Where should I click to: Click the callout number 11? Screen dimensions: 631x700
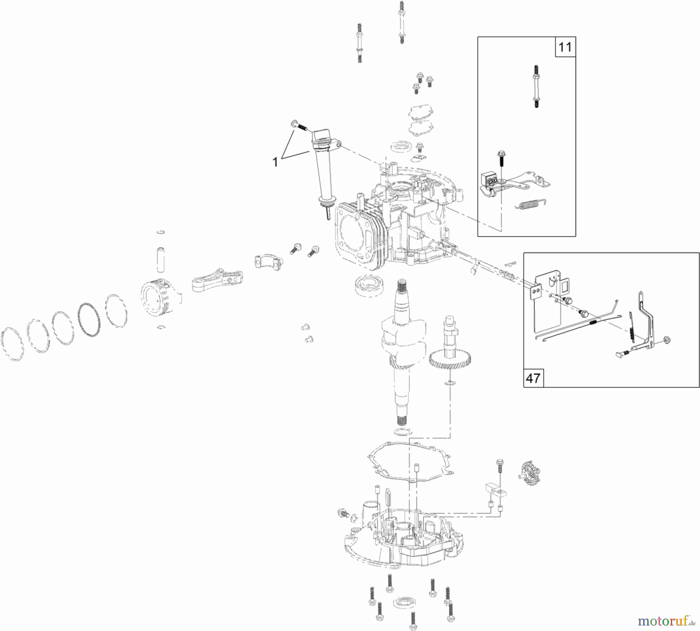point(565,47)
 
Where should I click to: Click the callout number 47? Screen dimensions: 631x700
point(533,378)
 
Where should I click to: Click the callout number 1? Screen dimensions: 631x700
point(275,162)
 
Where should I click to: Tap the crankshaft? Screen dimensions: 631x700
point(401,346)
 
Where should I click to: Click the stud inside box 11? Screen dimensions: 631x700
point(536,86)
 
